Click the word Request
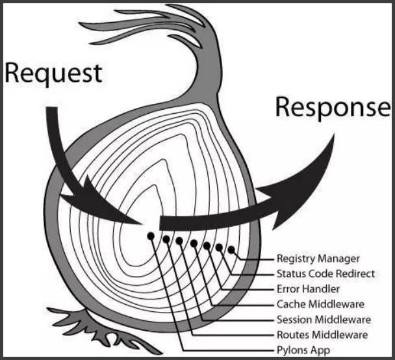coord(53,74)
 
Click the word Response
coord(333,107)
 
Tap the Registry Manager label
coord(318,259)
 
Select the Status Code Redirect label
coord(325,274)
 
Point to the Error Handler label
coord(308,289)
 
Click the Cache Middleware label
coord(320,304)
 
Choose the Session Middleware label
coord(324,320)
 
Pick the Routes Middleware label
coord(322,335)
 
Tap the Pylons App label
coord(303,350)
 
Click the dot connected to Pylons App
coord(151,236)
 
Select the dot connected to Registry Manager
coord(231,250)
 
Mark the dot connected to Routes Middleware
coord(166,239)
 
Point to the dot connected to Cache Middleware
coord(194,244)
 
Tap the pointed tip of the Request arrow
coord(142,224)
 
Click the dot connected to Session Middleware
coord(179,241)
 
